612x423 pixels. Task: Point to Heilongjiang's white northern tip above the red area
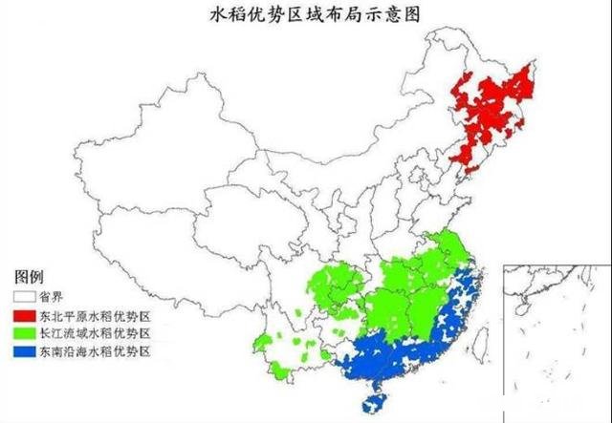tap(449, 43)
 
